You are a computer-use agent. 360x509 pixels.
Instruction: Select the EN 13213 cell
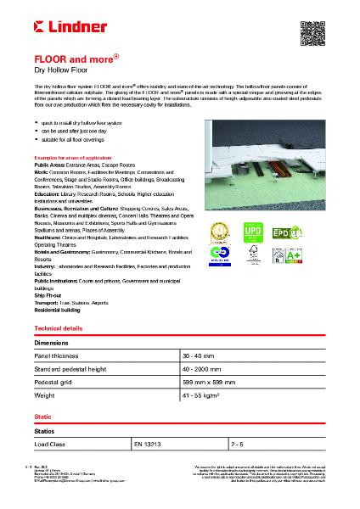[x=145, y=444]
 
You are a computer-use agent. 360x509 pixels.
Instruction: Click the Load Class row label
[x=50, y=444]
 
